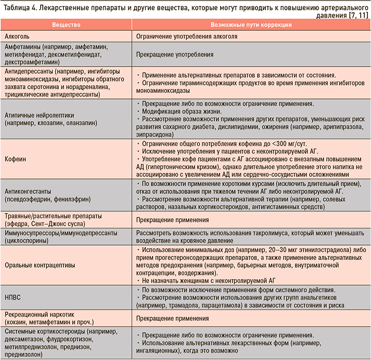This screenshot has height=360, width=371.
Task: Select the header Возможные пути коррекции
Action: (x=251, y=25)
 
